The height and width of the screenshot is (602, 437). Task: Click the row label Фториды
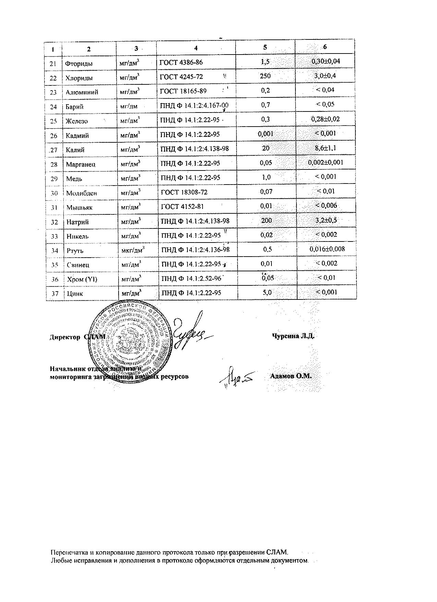[x=79, y=63]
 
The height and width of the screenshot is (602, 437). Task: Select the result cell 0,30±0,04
[x=325, y=61]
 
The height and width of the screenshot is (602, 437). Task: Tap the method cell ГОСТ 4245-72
[x=182, y=77]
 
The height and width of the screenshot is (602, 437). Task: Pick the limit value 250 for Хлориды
[x=265, y=76]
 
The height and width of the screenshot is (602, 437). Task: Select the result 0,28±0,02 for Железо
[x=326, y=119]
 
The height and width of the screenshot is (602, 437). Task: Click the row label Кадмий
[x=77, y=135]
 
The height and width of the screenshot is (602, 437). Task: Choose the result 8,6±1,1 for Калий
[x=326, y=148]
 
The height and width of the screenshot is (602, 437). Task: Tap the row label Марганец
[x=81, y=164]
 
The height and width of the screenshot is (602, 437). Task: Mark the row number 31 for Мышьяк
[x=54, y=208]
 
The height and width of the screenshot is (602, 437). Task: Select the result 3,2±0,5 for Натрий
[x=326, y=220]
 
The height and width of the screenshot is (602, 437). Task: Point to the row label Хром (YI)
[x=82, y=279]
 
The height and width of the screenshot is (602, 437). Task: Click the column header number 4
[x=196, y=48]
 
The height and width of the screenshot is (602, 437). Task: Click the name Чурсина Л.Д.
[x=293, y=336]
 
